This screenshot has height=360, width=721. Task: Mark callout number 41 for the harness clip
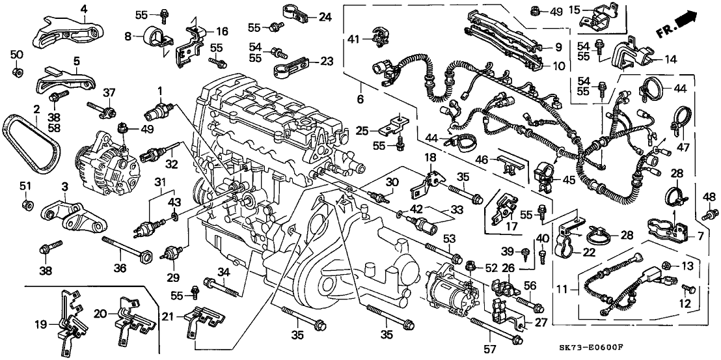[352, 39]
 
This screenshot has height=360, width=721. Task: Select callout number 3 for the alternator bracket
[64, 187]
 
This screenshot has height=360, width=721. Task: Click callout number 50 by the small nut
[17, 53]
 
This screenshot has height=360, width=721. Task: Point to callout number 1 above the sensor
[157, 89]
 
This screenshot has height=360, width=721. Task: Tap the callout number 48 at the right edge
[708, 197]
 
